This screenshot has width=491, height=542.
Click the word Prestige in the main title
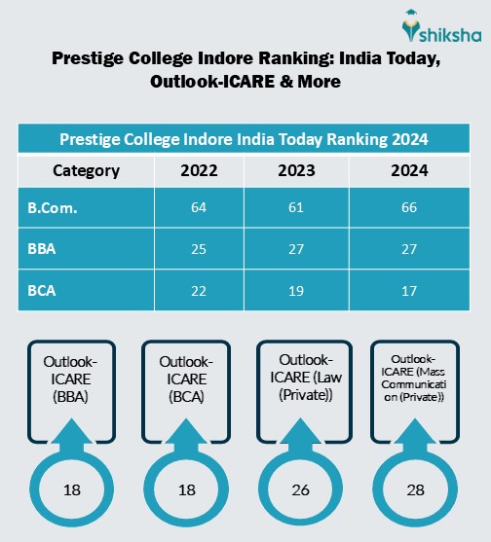pos(91,60)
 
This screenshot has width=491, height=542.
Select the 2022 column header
pos(199,171)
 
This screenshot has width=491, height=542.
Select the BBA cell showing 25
pos(199,248)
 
